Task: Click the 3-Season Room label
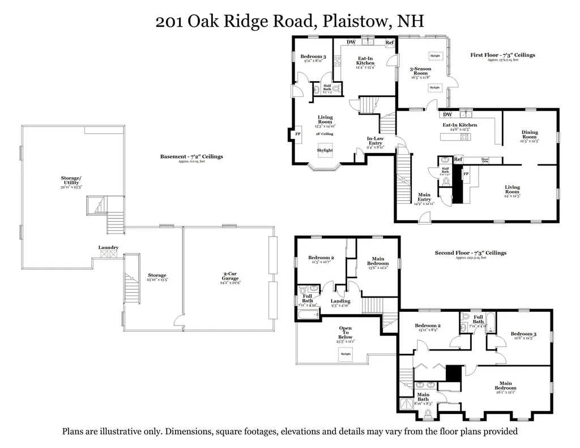pos(421,71)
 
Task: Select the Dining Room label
pos(530,135)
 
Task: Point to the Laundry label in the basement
pos(108,247)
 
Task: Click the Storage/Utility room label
pos(71,180)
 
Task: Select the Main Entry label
pos(424,197)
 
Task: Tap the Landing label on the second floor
pos(340,301)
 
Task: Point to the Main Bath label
pos(423,397)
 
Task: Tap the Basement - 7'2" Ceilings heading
pos(191,157)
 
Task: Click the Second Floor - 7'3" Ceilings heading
pos(470,253)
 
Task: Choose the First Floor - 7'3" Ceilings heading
pos(502,55)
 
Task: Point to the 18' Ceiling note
pos(325,134)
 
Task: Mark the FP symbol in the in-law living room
pos(298,134)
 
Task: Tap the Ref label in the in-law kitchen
pos(390,43)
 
